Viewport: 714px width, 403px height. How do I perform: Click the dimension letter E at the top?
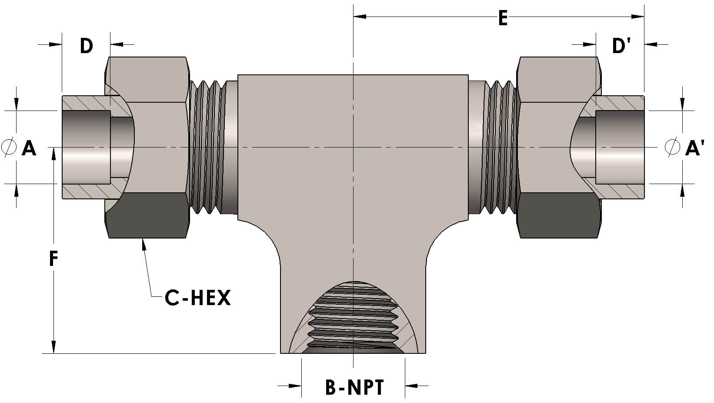click(x=503, y=19)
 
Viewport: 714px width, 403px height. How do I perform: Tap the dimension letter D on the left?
click(x=87, y=45)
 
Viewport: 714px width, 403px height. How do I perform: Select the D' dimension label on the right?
click(x=621, y=45)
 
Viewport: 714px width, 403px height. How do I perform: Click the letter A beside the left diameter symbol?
click(x=29, y=148)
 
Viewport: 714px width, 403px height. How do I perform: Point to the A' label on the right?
click(x=694, y=148)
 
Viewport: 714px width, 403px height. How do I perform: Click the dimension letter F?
click(x=53, y=259)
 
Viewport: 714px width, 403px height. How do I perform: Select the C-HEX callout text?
click(x=197, y=298)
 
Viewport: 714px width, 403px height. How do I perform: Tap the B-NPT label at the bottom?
click(x=354, y=387)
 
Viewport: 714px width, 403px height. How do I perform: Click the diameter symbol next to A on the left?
click(x=9, y=147)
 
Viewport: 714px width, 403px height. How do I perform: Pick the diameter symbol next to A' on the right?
click(x=672, y=147)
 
